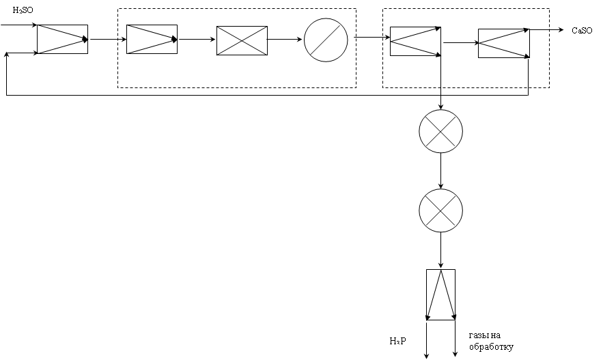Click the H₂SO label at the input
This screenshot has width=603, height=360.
coord(23,10)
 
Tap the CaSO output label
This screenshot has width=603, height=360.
coord(582,31)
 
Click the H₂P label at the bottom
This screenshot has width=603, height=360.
coord(397,341)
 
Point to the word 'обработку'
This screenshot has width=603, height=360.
coord(491,346)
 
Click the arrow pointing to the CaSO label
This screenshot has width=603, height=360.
coord(547,29)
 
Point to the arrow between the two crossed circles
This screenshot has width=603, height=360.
coord(440,171)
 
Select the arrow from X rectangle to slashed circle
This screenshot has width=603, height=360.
coord(285,39)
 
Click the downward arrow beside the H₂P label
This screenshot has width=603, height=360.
coord(427,340)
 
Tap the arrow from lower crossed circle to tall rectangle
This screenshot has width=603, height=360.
coord(440,251)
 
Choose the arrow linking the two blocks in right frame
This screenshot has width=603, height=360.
coord(461,42)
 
